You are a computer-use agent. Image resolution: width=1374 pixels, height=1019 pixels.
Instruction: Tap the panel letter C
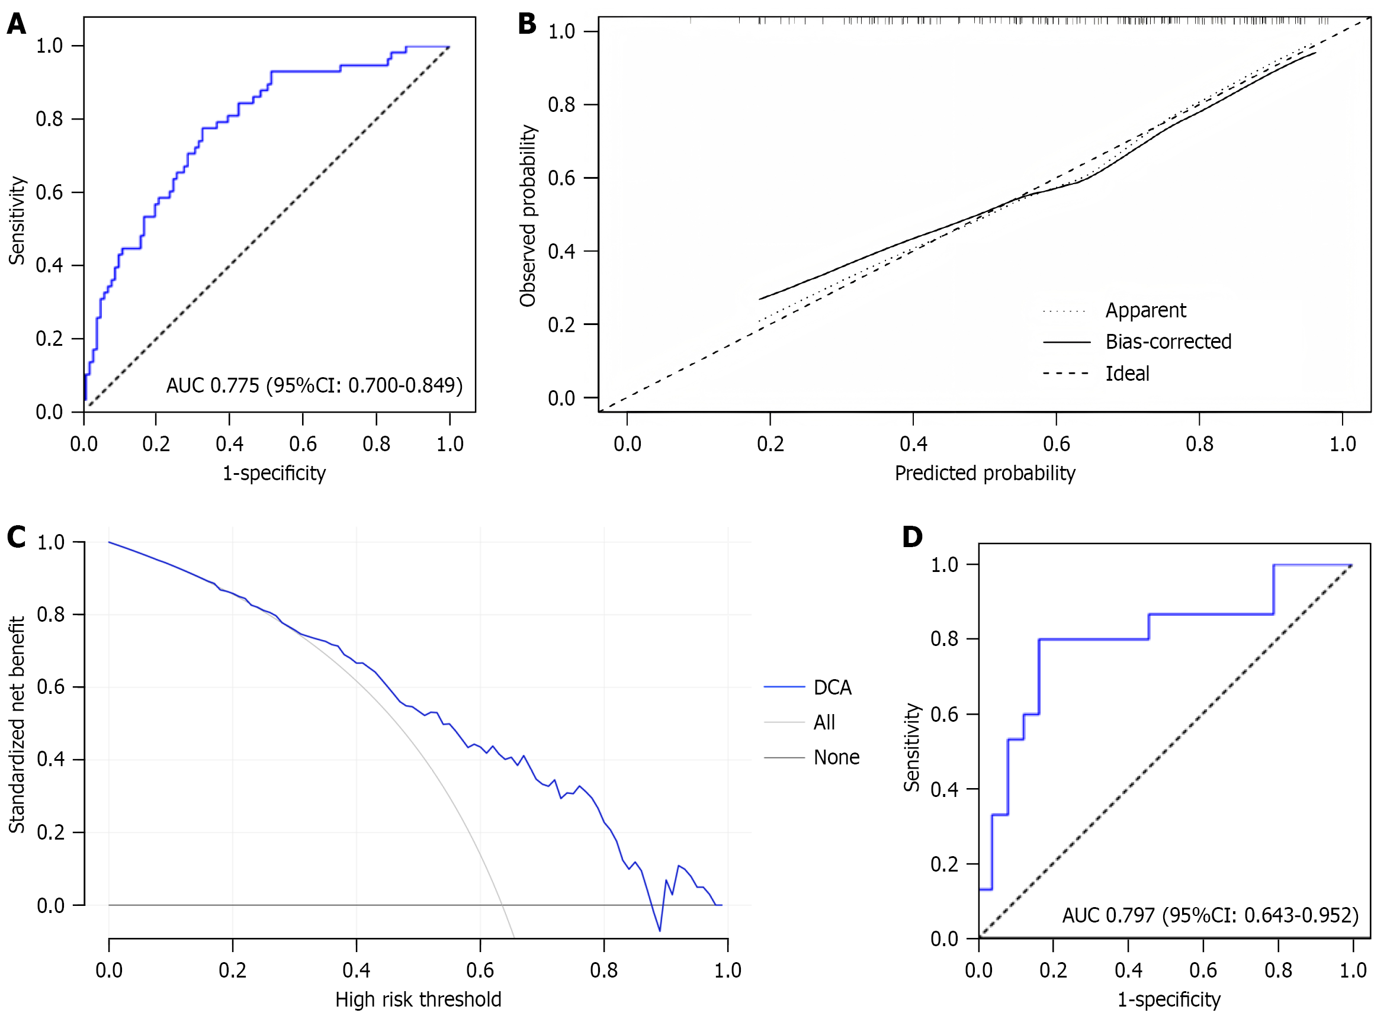(x=16, y=536)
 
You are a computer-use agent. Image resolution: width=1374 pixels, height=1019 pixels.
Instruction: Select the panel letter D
(x=912, y=536)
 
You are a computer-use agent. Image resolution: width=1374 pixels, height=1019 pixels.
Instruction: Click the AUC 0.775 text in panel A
(x=314, y=385)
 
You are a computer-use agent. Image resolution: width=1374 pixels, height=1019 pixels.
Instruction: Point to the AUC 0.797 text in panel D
(x=1209, y=915)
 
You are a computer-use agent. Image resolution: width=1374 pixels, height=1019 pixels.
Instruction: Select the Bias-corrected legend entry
(x=1167, y=342)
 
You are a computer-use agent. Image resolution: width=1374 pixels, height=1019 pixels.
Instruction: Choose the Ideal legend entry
(x=1126, y=374)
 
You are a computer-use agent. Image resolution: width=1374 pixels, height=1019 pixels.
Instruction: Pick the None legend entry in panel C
(x=836, y=757)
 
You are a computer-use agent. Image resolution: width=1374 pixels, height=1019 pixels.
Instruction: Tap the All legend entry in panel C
(x=824, y=722)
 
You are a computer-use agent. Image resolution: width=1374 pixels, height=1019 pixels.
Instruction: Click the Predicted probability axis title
(x=985, y=473)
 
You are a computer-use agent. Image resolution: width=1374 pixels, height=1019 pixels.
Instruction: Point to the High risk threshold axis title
(x=418, y=999)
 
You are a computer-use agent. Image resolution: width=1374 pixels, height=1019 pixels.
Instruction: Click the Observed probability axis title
(x=528, y=216)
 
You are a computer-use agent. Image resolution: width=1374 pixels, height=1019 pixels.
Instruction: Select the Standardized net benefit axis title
(x=17, y=725)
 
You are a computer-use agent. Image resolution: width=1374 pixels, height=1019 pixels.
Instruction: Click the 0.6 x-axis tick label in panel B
(x=1055, y=444)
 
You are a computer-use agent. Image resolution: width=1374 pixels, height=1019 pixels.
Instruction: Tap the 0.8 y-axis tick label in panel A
(x=49, y=119)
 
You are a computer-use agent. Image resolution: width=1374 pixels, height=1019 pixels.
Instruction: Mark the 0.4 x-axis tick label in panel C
(x=356, y=970)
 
